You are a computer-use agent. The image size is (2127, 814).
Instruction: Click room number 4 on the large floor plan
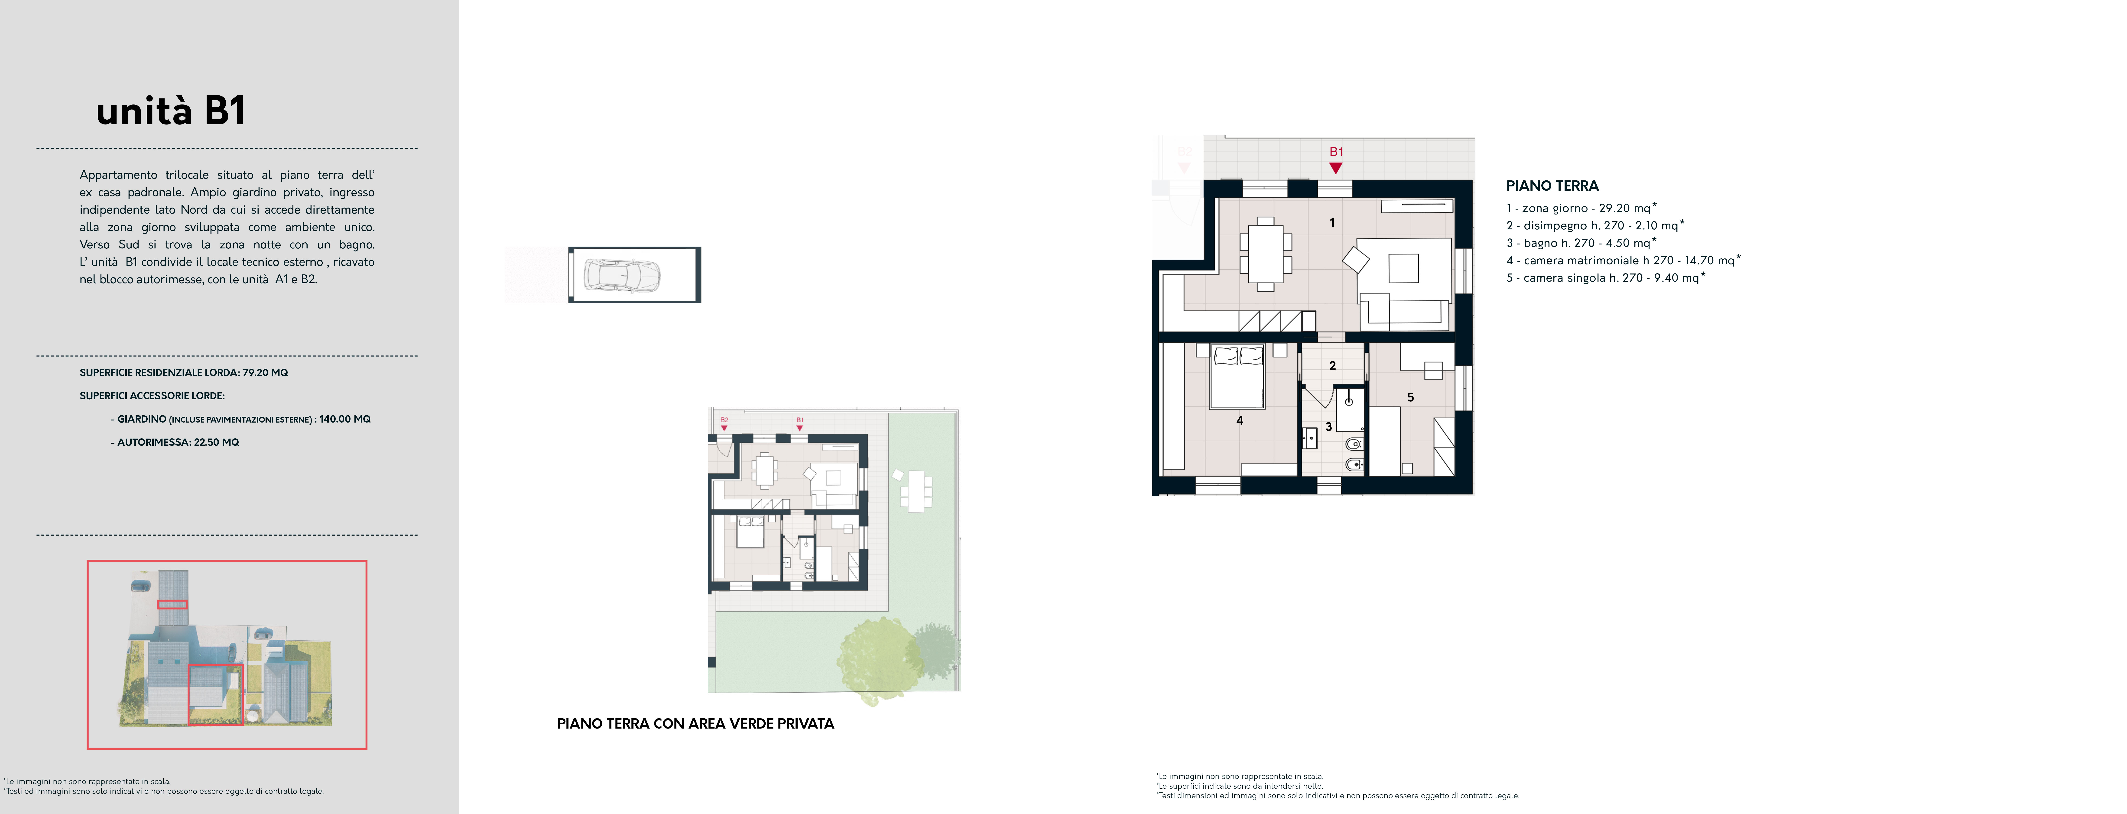[x=1239, y=420]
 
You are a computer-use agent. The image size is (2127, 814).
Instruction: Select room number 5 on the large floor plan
[x=1410, y=397]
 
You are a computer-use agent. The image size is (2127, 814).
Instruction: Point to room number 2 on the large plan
[x=1332, y=365]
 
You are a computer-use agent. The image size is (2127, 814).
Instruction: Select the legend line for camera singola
[x=1605, y=277]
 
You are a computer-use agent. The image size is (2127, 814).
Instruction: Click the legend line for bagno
[x=1580, y=243]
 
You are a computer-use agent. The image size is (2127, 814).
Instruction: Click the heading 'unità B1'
[x=171, y=111]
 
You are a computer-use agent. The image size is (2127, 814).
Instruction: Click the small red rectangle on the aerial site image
[x=172, y=604]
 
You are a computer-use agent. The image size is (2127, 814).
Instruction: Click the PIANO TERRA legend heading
[x=1552, y=186]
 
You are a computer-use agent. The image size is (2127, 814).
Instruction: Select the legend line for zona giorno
[x=1581, y=208]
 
